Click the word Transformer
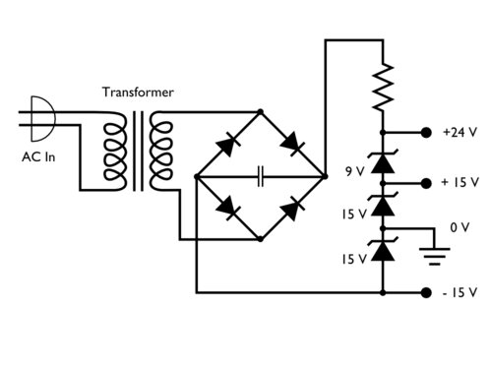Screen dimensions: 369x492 coord(139,92)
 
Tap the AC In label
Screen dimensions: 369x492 coord(38,155)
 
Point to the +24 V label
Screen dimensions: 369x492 coord(460,132)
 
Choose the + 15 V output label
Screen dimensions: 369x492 coord(460,183)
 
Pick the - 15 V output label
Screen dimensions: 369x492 coord(460,292)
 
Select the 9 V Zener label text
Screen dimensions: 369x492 coord(355,171)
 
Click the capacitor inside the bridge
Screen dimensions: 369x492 coord(261,177)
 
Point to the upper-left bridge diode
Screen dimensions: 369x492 coord(227,145)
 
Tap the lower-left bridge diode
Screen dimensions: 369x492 coord(227,209)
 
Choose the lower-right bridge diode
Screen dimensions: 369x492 coord(292,209)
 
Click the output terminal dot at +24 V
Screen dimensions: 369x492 coord(426,132)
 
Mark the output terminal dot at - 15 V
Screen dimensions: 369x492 coord(426,292)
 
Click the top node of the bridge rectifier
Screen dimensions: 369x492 coord(260,112)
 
